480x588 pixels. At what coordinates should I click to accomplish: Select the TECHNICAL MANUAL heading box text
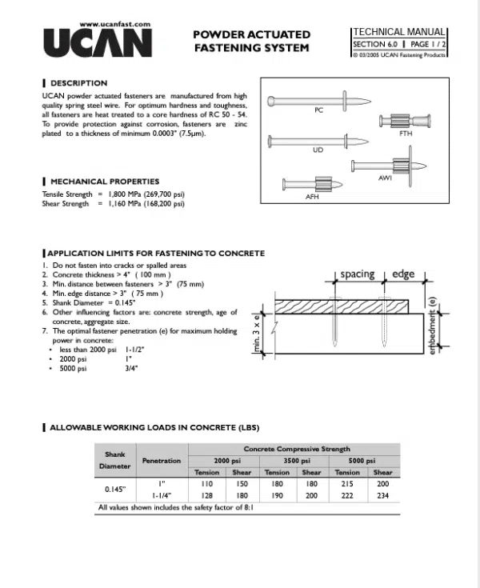[x=399, y=33]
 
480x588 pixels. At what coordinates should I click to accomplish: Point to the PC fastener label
[x=318, y=110]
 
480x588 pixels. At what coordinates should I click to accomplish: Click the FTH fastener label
[x=405, y=134]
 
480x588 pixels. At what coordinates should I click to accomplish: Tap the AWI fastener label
[x=384, y=178]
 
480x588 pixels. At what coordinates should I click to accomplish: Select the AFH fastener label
[x=313, y=196]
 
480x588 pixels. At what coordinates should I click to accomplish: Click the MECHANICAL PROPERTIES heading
[x=104, y=182]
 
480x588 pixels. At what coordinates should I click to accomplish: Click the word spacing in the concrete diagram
[x=357, y=274]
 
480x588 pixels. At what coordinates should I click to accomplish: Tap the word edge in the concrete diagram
[x=403, y=274]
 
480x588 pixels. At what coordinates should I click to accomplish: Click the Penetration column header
[x=162, y=461]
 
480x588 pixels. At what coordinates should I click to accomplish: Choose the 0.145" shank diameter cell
[x=115, y=490]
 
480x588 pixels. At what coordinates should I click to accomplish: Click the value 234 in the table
[x=382, y=496]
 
